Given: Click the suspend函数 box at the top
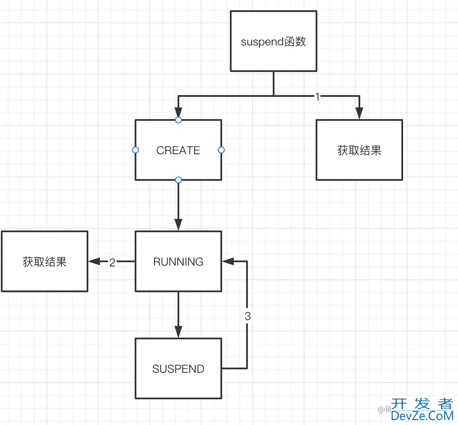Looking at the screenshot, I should click(x=274, y=41).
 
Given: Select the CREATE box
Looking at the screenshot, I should click(x=178, y=150).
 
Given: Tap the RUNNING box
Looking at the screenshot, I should click(x=178, y=261).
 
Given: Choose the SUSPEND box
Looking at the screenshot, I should click(x=178, y=368).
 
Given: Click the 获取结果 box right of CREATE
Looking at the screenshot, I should click(x=359, y=150).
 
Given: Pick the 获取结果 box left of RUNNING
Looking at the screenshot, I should click(x=45, y=261).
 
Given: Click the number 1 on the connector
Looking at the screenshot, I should click(x=317, y=97).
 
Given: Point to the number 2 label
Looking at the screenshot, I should click(x=112, y=263).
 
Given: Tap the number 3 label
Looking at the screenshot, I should click(x=247, y=317).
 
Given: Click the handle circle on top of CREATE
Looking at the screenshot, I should click(x=178, y=120).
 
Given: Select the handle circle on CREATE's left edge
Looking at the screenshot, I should click(x=136, y=150).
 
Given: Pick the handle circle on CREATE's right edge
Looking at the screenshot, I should click(x=221, y=150).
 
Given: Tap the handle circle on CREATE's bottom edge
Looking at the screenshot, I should click(x=178, y=180).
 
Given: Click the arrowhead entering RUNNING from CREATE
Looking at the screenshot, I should click(x=178, y=225).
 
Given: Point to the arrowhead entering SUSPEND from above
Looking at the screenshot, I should click(x=178, y=332).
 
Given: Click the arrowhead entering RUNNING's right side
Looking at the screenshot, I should click(x=227, y=261).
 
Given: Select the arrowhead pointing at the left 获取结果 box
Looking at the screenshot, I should click(x=94, y=261).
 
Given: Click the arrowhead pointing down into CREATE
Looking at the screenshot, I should click(x=178, y=112).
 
